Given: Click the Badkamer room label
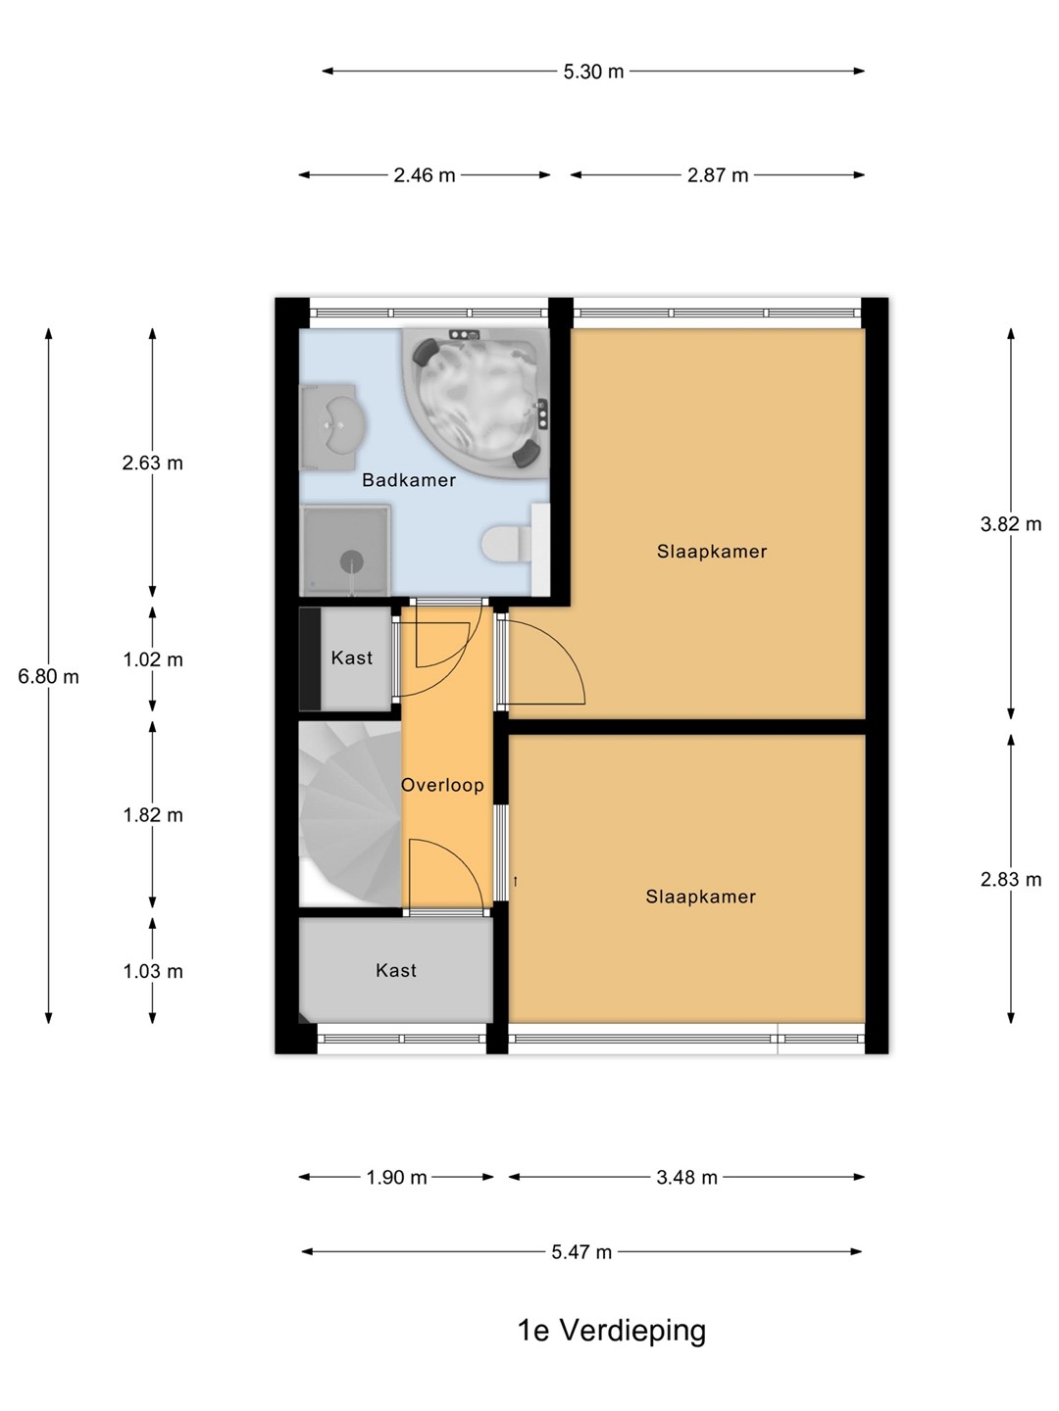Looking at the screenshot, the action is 409,480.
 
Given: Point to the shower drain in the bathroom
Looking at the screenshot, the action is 352,561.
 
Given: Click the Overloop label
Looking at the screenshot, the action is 442,785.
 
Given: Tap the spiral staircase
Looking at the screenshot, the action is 351,814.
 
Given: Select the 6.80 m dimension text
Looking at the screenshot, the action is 48,676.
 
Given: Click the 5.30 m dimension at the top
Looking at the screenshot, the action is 593,72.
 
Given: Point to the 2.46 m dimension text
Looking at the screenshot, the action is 425,174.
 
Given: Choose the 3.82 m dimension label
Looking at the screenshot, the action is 1011,524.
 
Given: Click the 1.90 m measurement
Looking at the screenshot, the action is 397,1178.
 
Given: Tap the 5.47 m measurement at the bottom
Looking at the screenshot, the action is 581,1252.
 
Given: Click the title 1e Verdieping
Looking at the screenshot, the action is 612,1331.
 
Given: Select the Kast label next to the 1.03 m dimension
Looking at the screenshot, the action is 396,970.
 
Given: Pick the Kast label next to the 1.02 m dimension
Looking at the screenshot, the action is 352,657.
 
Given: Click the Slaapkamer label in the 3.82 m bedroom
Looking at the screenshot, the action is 712,552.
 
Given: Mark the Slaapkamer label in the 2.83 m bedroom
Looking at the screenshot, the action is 701,897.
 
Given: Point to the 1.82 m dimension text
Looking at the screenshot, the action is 153,815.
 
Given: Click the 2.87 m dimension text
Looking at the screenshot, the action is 718,174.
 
